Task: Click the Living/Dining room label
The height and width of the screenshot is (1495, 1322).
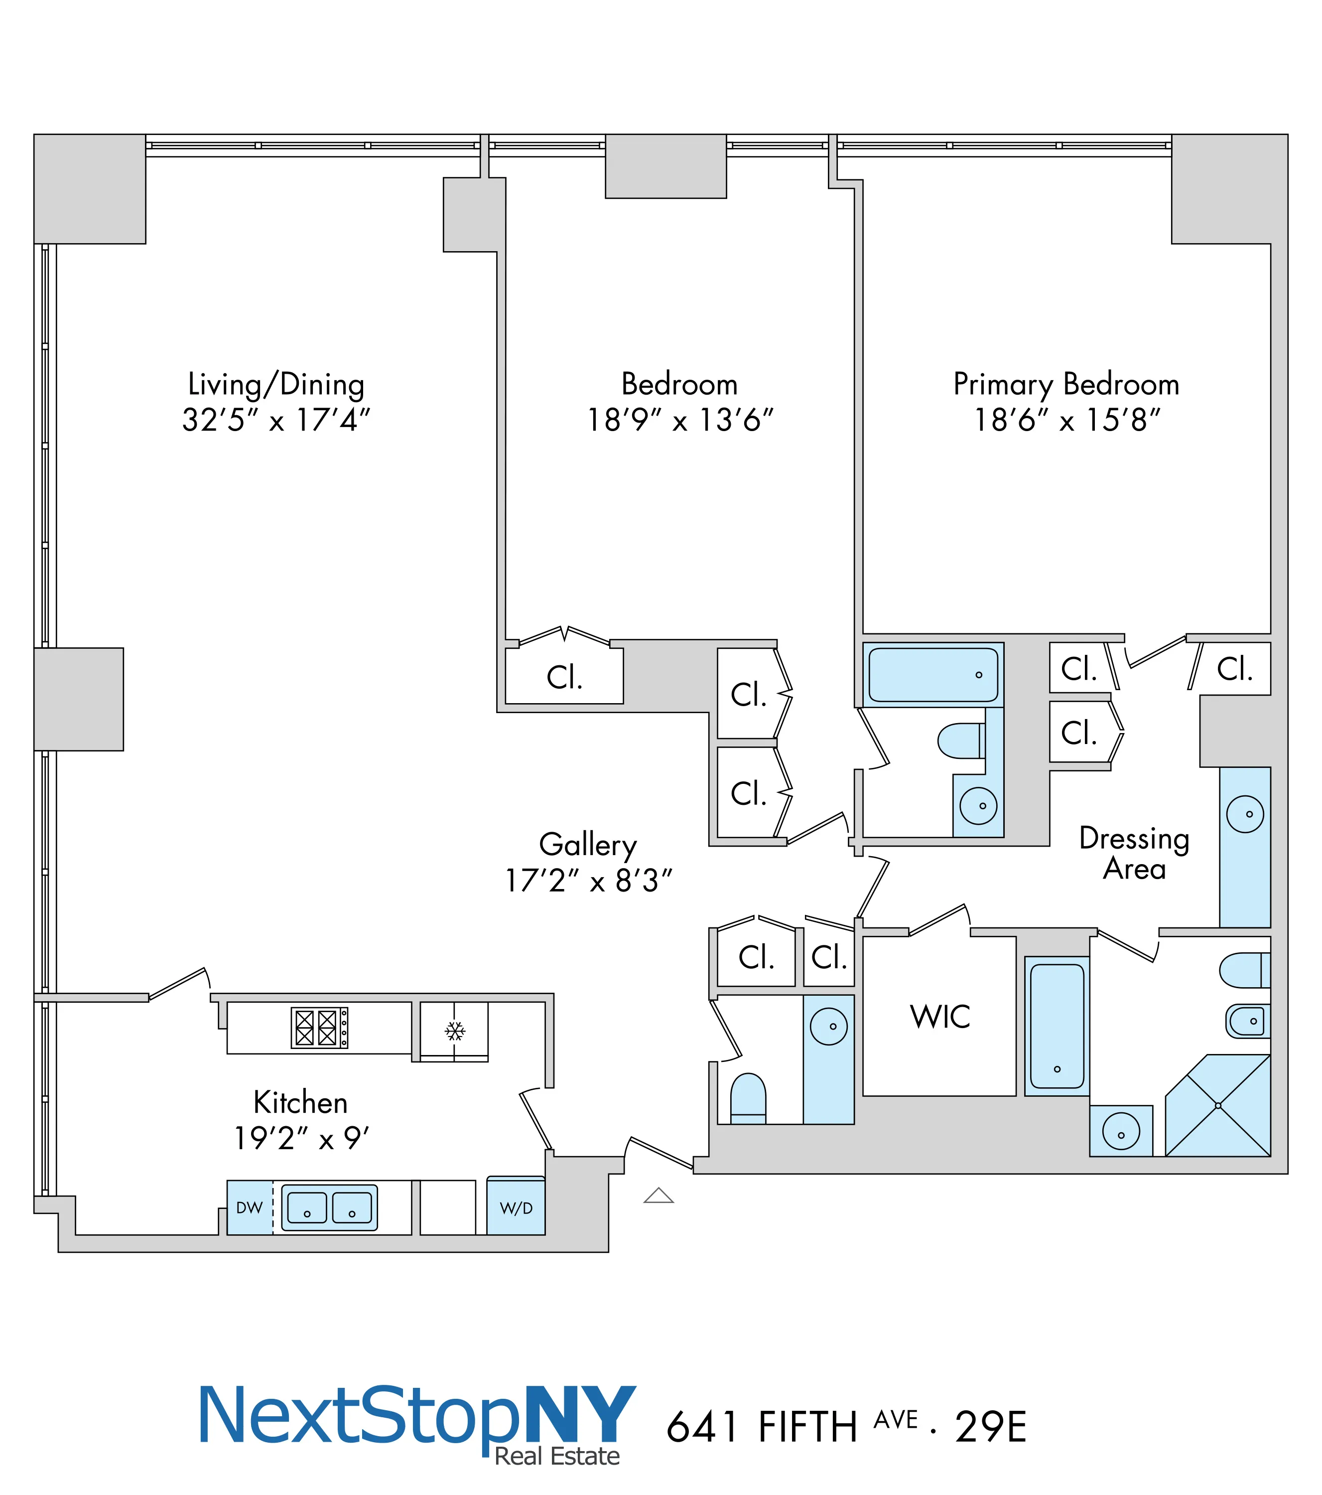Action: [276, 385]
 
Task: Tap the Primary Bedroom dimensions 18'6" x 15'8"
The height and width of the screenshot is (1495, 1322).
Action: [1067, 421]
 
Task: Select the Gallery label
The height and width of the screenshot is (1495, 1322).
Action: [588, 844]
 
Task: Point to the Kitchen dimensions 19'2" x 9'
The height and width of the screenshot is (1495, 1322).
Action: [301, 1138]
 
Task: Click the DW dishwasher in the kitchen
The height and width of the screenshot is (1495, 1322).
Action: [250, 1207]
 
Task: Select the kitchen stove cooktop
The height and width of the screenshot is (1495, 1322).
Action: [319, 1028]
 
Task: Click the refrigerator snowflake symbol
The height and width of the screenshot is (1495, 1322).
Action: [455, 1031]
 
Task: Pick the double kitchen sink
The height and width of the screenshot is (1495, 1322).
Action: [330, 1207]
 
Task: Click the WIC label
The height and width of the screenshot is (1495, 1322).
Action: [940, 1017]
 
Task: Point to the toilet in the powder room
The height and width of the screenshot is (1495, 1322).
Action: [748, 1097]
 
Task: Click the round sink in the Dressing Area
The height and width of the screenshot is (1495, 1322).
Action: [1245, 814]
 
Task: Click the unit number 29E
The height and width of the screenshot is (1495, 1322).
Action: [991, 1427]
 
